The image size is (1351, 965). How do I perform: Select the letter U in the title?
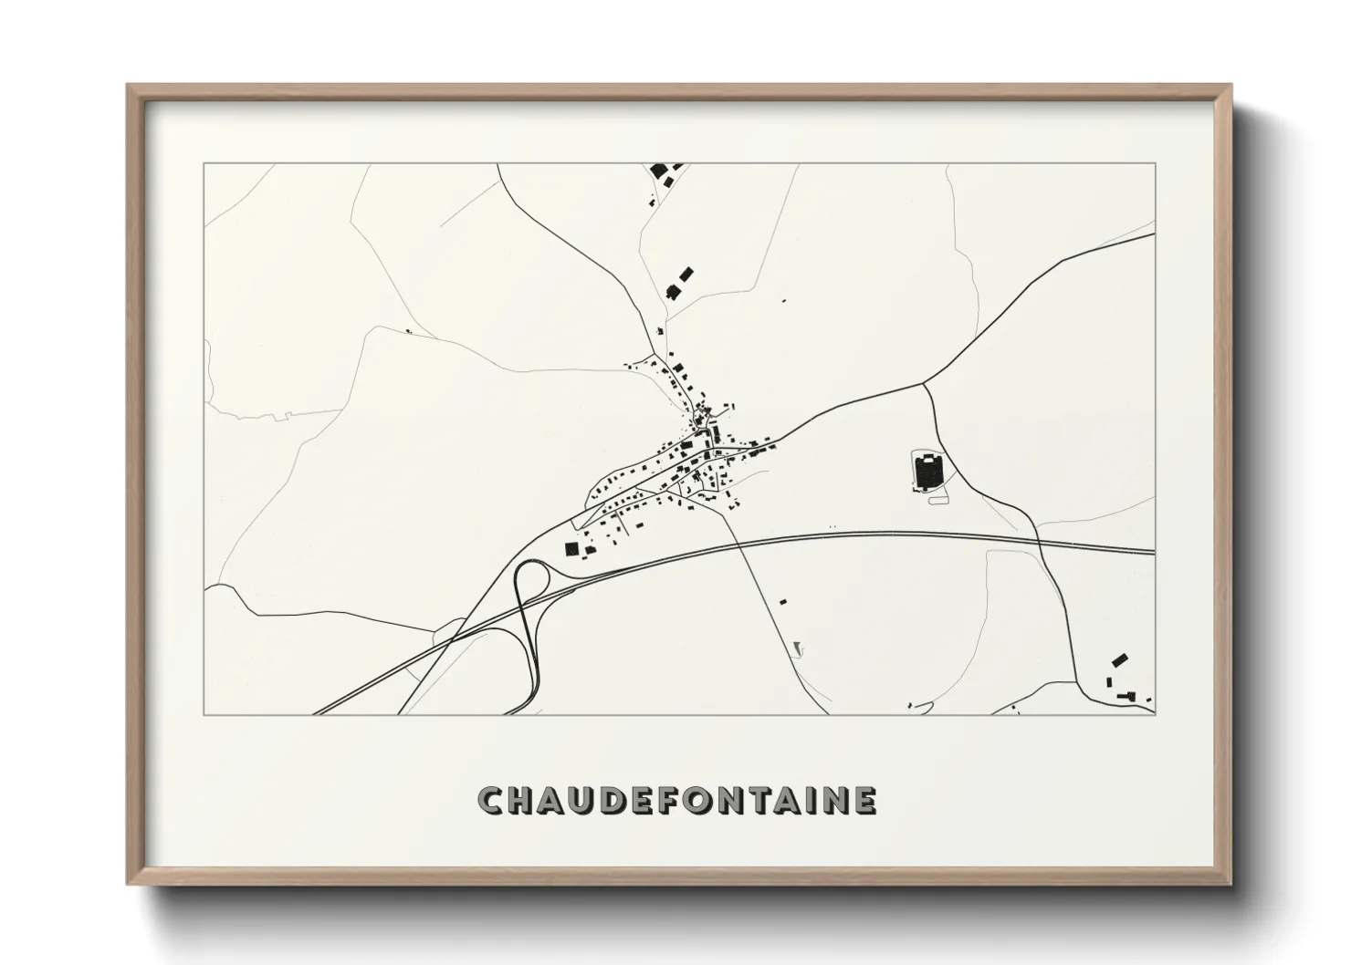coord(591,801)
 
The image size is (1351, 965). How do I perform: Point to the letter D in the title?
coord(623,801)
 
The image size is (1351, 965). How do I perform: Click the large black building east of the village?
coord(927,472)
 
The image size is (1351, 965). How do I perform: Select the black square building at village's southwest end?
coord(572,548)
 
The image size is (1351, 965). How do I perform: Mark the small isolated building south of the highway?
coord(782,602)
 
